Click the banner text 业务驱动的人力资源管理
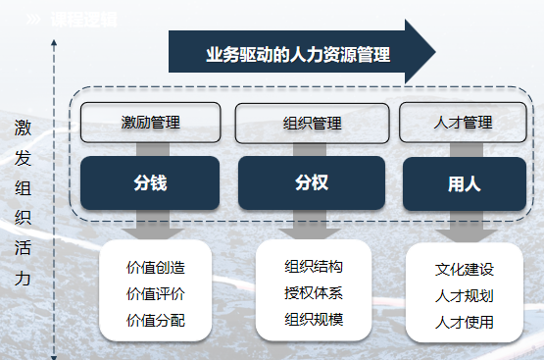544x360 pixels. [298, 55]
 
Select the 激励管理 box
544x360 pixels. [150, 123]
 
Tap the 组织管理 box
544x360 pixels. [306, 124]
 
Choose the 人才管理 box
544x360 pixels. [462, 123]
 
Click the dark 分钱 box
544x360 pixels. [150, 182]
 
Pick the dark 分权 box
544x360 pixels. [306, 182]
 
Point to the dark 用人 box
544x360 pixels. [463, 182]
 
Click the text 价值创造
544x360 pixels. [156, 267]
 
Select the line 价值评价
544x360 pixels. [156, 293]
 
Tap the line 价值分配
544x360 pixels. [156, 320]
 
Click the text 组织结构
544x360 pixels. [314, 266]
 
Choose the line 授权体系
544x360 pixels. [314, 292]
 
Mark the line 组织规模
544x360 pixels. [314, 319]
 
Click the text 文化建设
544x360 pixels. [465, 269]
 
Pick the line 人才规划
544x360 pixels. [465, 295]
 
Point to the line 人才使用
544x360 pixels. [465, 322]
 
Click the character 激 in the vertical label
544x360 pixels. [23, 128]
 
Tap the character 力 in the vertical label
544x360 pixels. [23, 279]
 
